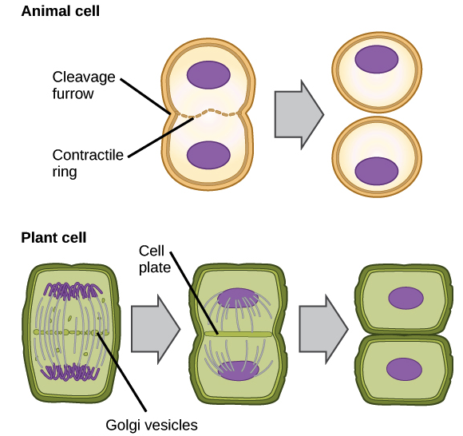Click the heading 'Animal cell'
(x=60, y=12)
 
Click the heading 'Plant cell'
(x=53, y=237)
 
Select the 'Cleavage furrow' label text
(x=84, y=85)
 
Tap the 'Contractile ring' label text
(x=88, y=163)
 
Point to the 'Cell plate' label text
(x=155, y=260)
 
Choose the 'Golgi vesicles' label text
(x=152, y=425)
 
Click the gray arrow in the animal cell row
(x=299, y=113)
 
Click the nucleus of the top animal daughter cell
(x=377, y=58)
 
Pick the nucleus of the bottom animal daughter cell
(x=377, y=170)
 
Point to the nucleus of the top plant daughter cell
(x=406, y=298)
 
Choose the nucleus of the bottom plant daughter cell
(x=405, y=369)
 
